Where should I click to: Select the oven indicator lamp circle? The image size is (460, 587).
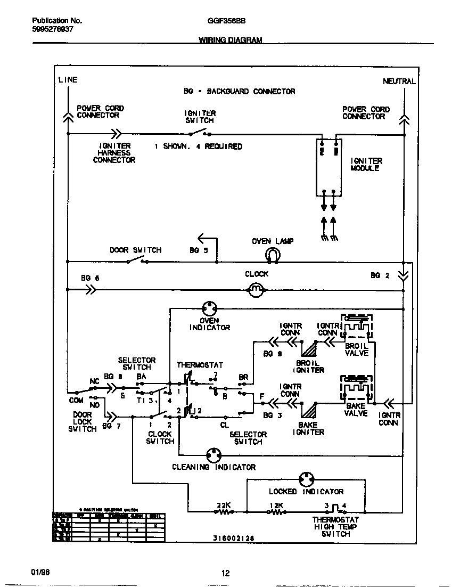pos(209,308)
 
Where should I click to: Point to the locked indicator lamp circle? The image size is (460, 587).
pos(306,479)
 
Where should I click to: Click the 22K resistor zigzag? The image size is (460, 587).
pos(224,511)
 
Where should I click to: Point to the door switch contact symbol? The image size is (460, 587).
pos(137,260)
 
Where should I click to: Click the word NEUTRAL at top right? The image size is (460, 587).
pos(399,81)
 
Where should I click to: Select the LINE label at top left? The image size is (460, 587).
pos(68,80)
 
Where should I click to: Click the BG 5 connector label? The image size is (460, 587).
pos(199,250)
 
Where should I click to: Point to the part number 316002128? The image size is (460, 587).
pos(231,539)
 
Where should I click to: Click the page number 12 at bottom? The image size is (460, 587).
pos(225,573)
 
